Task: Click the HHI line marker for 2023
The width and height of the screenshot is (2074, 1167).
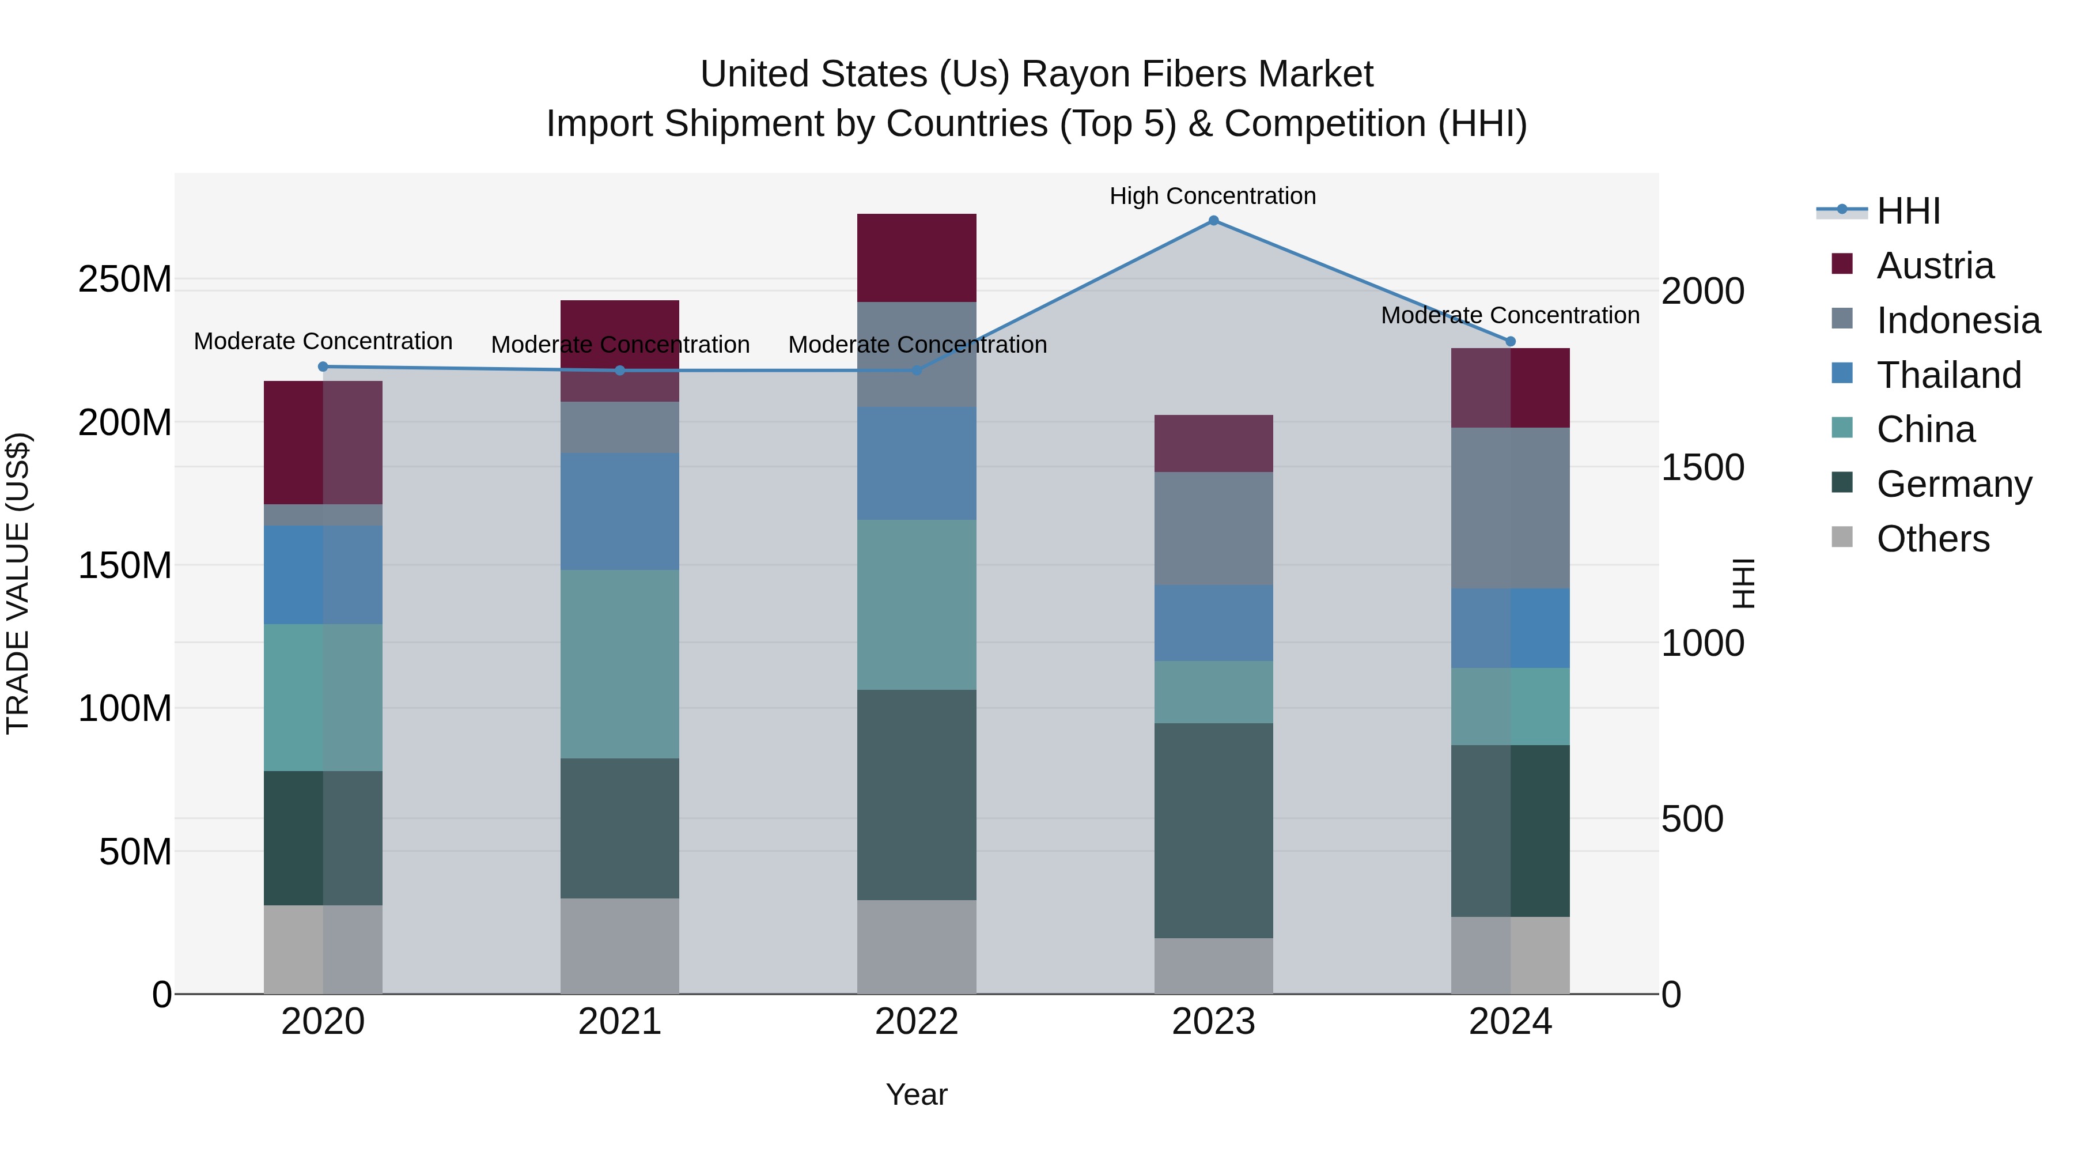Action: coord(1213,221)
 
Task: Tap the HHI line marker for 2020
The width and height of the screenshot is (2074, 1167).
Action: coord(323,367)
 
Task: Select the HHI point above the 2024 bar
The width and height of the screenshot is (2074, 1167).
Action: coord(1511,342)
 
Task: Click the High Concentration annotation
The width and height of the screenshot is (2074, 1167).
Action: coord(1213,197)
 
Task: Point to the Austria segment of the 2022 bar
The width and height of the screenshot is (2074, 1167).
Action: coord(916,258)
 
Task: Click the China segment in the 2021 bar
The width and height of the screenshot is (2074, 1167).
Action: coord(619,664)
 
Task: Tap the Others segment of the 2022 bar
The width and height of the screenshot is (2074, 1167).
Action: coord(916,946)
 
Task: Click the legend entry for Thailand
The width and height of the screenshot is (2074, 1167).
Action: coord(1948,375)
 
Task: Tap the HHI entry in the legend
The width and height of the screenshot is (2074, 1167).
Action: coord(1908,211)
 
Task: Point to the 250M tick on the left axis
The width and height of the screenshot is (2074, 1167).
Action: coord(125,280)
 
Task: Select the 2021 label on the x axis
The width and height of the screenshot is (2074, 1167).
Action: coord(619,1022)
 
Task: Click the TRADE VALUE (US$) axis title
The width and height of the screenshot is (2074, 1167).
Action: coord(18,583)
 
